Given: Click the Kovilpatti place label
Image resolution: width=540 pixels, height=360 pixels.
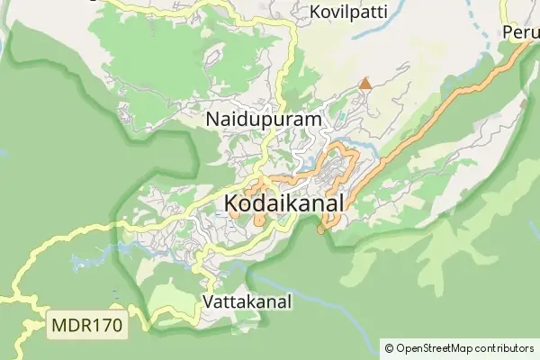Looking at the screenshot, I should tap(346, 12).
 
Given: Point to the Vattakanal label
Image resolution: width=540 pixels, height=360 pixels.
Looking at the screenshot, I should tap(247, 301).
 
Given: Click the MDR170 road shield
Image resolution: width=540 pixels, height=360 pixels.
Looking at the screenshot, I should tap(86, 323).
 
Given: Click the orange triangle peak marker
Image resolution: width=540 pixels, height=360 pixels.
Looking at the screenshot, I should tap(364, 84).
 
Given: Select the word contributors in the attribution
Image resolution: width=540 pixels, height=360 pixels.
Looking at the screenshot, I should tap(504, 347).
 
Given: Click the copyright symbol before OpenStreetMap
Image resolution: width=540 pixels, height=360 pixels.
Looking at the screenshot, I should tap(389, 347).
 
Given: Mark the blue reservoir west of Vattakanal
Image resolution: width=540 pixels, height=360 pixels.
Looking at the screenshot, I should tap(90, 263).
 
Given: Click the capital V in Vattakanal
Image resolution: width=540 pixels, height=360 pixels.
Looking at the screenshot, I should tap(209, 301).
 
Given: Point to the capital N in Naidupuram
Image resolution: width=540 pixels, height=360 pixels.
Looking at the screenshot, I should tap(212, 119).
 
